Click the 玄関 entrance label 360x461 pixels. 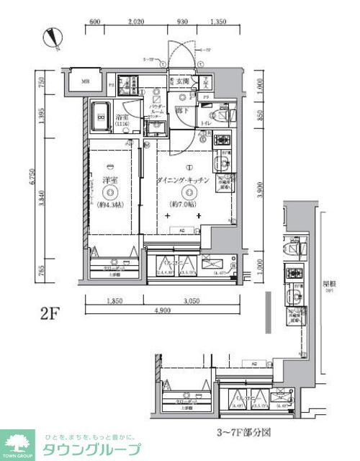(181, 82)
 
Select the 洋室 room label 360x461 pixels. (109, 180)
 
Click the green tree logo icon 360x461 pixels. (18, 440)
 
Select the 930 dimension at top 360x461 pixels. (184, 22)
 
